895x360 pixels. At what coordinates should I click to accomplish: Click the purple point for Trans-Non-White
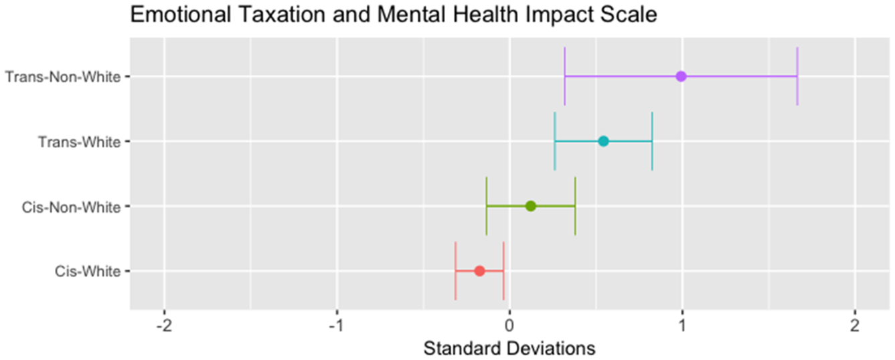[681, 76]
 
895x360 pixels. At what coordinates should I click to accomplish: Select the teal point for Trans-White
[603, 141]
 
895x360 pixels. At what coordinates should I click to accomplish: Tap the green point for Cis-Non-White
[531, 206]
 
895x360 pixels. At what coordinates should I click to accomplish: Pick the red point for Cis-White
[479, 271]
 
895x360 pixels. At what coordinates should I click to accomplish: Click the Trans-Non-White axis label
[63, 77]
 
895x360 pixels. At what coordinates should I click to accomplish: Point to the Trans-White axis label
[79, 142]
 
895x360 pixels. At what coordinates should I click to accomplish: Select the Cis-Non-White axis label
[71, 207]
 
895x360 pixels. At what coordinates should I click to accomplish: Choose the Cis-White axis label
[88, 272]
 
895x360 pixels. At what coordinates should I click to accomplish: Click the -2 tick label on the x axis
[164, 327]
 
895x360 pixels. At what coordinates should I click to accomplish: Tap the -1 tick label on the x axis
[337, 327]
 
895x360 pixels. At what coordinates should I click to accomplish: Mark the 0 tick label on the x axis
[509, 327]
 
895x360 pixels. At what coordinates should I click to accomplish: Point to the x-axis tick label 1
[682, 327]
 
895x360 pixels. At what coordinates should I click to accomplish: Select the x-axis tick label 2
[855, 327]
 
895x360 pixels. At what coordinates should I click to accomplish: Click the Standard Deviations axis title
[509, 349]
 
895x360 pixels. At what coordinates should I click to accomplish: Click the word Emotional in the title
[181, 15]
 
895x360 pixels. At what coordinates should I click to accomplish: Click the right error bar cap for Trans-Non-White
[797, 76]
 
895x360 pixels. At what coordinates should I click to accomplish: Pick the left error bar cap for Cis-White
[455, 271]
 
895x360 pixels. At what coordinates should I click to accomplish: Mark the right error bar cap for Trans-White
[652, 141]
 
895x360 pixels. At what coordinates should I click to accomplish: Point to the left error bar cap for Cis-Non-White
[486, 206]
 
